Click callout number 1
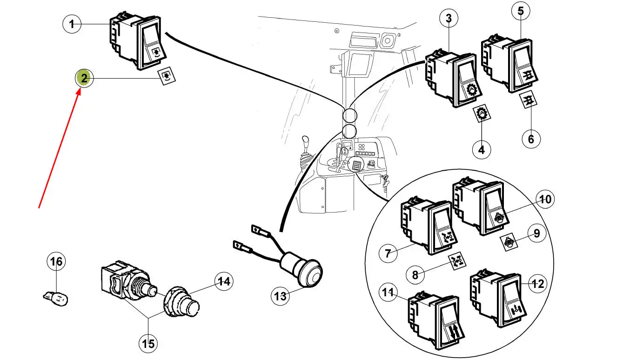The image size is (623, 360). pos(72,24)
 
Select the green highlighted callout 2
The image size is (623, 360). pos(84,78)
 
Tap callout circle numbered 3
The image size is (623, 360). pos(449,19)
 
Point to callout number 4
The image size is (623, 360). pos(482,149)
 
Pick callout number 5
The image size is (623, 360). pos(521,11)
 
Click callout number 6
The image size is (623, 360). pos(531,138)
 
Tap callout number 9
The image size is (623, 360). pos(536,233)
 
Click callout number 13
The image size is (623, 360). pos(281,296)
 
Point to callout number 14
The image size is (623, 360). pos(223,281)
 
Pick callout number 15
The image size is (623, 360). pos(148,344)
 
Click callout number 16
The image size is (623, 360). pos(56,262)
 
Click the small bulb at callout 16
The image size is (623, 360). pos(57,297)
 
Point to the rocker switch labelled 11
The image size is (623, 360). pos(434,321)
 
